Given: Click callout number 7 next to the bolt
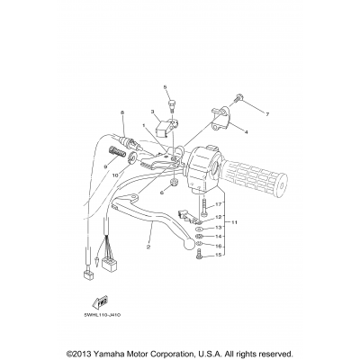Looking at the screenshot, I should tap(267, 115).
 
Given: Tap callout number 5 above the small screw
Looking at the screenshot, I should tap(166, 86).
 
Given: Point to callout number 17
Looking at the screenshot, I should tap(219, 205).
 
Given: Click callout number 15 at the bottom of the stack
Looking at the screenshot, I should tap(219, 256).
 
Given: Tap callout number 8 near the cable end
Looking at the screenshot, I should tap(121, 112).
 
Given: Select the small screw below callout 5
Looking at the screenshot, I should tap(166, 103).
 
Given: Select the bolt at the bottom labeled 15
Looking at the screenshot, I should tap(197, 257).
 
